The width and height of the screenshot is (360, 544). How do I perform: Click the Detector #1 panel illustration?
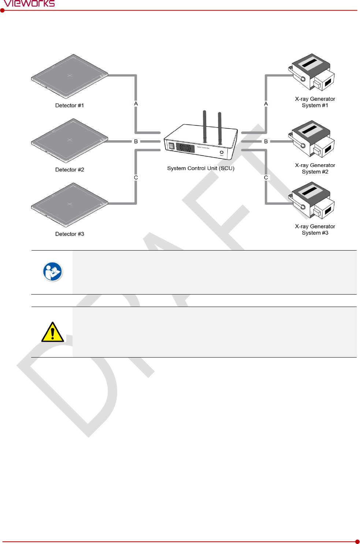point(70,76)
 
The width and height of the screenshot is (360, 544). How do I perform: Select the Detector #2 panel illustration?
point(70,140)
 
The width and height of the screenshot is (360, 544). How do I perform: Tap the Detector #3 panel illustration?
point(70,204)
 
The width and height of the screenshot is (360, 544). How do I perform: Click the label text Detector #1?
point(70,106)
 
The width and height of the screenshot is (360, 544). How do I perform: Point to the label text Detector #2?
point(70,170)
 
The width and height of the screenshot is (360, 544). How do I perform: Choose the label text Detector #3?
point(70,234)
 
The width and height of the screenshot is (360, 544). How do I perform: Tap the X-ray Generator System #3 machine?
point(312,200)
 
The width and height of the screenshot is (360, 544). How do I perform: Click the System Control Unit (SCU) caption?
point(201,169)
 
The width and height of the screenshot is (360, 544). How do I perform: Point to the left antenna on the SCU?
point(205,126)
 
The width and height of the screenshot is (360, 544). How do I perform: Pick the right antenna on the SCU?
point(220,128)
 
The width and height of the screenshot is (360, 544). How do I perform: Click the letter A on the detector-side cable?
point(136,104)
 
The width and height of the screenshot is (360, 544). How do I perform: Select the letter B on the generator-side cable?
point(266,141)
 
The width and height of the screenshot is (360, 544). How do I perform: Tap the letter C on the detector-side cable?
point(136,178)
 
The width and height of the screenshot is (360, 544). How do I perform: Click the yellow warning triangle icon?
point(53,332)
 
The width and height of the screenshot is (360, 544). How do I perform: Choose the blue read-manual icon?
point(53,272)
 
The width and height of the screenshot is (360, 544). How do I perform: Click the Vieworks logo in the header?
point(29,4)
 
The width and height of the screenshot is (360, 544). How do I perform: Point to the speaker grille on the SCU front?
point(185,148)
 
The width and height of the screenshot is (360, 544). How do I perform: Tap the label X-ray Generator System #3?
point(315,230)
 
